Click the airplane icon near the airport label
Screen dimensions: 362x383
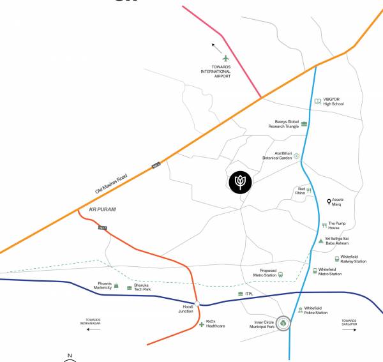click(225, 59)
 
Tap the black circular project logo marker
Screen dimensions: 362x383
click(240, 182)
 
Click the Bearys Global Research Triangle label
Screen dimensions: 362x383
click(283, 124)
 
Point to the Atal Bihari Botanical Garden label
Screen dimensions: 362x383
click(277, 155)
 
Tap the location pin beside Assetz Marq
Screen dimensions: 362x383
click(329, 202)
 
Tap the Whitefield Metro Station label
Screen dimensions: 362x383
click(329, 271)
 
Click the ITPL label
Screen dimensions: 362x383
click(250, 294)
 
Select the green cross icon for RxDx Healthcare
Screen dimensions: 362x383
click(202, 325)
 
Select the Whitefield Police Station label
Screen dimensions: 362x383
click(316, 310)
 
